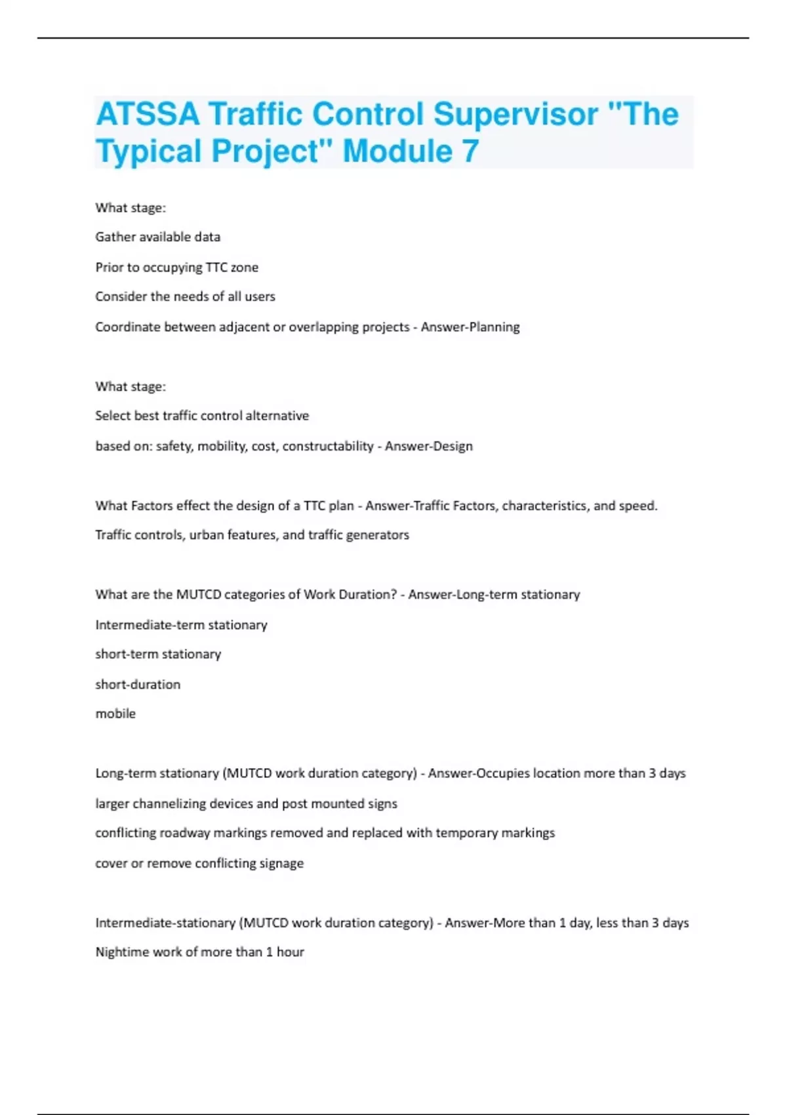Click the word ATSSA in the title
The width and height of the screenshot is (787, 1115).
click(148, 114)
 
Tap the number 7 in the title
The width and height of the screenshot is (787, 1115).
click(470, 152)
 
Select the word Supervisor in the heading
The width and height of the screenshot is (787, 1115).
click(515, 114)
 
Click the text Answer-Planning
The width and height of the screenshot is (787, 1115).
click(470, 327)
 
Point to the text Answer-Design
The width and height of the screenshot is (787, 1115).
click(429, 446)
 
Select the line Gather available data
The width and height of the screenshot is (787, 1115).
click(158, 237)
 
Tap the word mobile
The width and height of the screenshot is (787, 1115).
click(115, 714)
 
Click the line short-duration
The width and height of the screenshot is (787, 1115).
click(138, 684)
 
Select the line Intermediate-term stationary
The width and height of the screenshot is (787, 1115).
click(181, 624)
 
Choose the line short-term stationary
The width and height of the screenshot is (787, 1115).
click(158, 654)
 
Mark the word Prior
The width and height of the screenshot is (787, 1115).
click(109, 267)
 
